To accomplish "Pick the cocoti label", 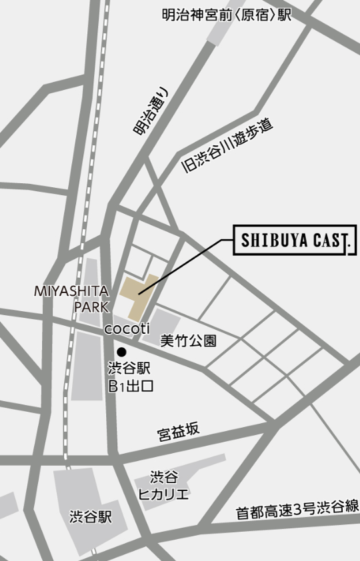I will pos(126,328).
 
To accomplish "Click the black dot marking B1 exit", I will pos(121,351).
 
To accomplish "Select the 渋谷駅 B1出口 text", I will pos(130,376).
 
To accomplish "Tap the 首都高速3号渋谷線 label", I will pos(297,510).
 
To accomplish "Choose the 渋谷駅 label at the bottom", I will pos(91,517).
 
